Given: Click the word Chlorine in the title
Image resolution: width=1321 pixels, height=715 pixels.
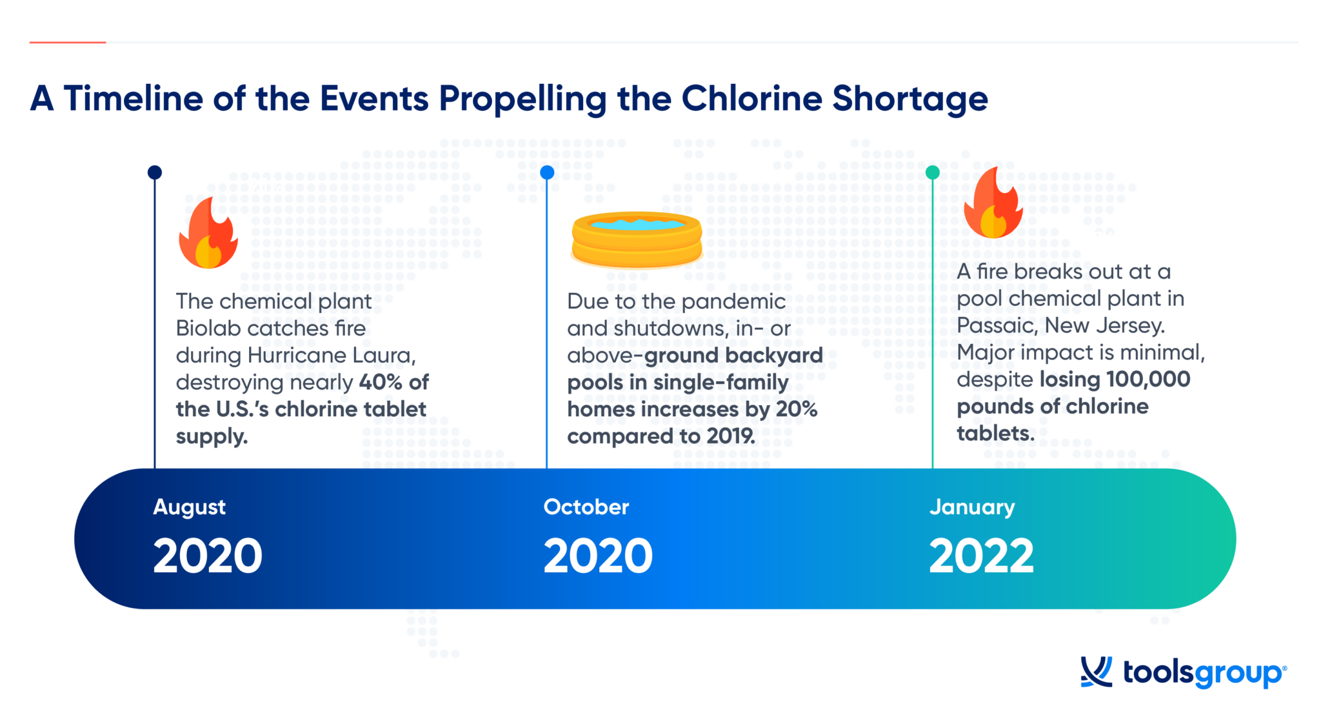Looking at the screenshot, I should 751,99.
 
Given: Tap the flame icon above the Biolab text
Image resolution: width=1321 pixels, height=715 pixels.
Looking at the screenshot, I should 208,234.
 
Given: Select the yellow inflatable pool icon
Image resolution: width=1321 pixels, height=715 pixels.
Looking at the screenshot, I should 637,239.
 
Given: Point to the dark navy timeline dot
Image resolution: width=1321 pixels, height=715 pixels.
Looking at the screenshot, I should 155,172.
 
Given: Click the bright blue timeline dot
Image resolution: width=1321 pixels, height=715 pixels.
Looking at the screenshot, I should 547,172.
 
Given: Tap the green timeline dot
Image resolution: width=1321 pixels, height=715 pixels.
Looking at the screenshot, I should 932,172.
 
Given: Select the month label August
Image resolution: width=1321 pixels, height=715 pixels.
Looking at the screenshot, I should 189,507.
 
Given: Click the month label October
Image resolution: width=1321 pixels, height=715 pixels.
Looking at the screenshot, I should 586,507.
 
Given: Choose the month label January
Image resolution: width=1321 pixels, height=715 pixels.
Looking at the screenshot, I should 971,507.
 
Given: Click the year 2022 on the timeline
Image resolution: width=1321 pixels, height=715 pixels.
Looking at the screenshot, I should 981,556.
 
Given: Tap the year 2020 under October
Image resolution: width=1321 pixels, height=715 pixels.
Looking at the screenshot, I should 598,556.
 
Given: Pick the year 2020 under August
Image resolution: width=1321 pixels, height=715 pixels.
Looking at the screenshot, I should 208,556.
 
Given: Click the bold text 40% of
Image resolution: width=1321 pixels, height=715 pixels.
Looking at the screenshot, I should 393,382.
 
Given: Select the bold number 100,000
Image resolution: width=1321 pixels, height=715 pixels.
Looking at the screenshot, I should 1148,379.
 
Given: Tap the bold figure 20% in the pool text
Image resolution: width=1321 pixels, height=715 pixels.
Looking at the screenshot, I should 797,409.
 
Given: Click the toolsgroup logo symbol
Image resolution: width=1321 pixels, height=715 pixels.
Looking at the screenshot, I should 1096,672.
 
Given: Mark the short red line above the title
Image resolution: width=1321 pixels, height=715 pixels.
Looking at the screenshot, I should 68,43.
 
